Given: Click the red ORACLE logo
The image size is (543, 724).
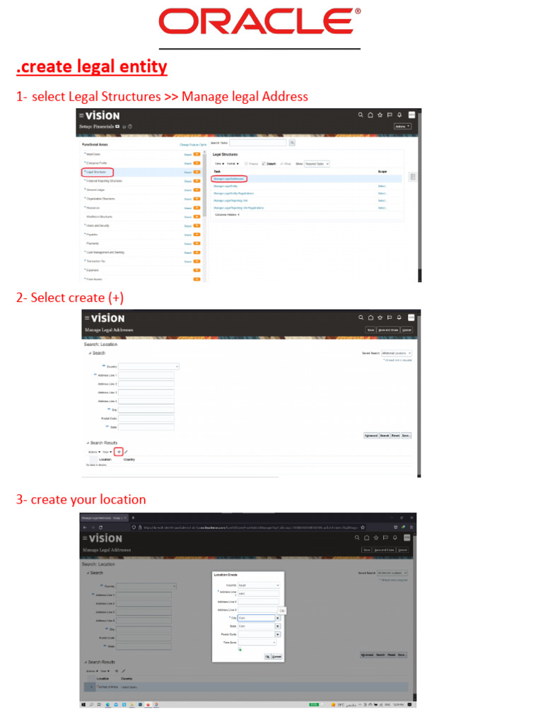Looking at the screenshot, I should point(259,22).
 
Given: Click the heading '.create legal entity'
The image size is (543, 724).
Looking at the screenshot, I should point(92,67).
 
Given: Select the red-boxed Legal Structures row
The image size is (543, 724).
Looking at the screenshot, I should point(98,172).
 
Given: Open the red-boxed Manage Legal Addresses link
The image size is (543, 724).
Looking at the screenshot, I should point(229,179).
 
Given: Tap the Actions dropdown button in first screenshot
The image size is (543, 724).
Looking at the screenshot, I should point(402,127).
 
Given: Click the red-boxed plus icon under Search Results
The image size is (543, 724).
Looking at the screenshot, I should point(119,451).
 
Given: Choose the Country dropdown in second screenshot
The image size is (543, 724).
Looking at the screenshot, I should point(148,366).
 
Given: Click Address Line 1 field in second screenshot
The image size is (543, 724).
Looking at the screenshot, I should point(146,375).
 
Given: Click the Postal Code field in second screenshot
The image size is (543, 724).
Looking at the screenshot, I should point(146,419).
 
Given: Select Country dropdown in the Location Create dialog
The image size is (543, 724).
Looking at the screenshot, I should point(259,585).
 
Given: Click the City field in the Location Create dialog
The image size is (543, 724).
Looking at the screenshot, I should point(255,618).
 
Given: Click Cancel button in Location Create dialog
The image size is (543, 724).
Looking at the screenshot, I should point(276,657).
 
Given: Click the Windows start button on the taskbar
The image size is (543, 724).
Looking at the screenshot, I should point(83,705).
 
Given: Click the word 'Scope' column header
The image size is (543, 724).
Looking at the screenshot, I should point(382,171).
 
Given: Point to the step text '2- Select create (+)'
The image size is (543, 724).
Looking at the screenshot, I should point(70,298).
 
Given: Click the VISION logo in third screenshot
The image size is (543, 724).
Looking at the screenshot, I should point(105,539).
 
